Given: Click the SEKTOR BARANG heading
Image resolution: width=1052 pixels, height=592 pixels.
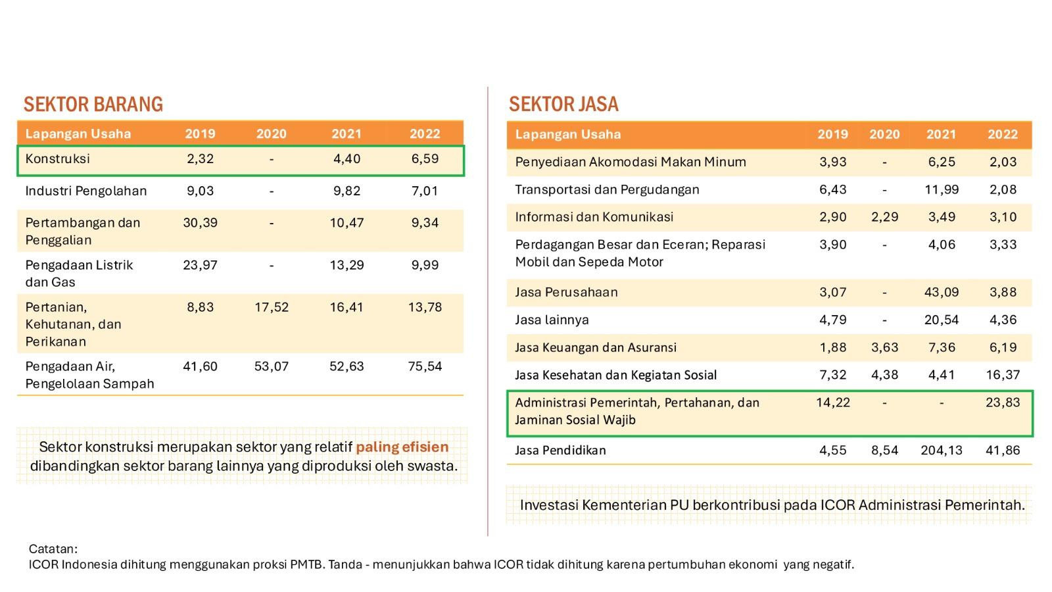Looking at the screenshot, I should click(x=93, y=104).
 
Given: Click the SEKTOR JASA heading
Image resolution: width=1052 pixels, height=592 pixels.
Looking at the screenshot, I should click(x=563, y=104).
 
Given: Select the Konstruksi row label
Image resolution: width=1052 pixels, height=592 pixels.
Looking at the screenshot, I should click(x=57, y=159).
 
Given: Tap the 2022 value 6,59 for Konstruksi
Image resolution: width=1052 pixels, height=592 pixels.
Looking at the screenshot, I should click(x=425, y=159).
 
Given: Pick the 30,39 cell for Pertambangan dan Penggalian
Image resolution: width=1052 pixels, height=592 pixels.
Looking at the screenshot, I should click(x=200, y=222).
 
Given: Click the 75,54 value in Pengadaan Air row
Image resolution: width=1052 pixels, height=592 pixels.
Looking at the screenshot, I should click(x=425, y=366).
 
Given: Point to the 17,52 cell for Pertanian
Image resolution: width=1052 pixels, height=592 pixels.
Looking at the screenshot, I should click(x=272, y=307).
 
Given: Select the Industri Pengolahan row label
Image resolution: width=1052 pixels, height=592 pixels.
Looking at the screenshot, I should click(x=85, y=191).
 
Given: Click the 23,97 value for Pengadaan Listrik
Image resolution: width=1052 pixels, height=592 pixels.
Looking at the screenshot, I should click(x=200, y=264).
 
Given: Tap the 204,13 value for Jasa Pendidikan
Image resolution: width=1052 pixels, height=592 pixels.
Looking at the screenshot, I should click(x=942, y=450).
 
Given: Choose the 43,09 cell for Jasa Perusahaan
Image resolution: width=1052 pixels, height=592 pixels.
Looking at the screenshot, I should click(x=942, y=292).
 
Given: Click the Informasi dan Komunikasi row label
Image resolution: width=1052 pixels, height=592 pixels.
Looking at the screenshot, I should click(x=594, y=217).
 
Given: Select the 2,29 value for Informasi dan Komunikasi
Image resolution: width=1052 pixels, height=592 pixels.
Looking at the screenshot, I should click(x=884, y=217).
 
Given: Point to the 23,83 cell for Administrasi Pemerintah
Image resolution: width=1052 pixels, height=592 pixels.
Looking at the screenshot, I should click(x=1003, y=402).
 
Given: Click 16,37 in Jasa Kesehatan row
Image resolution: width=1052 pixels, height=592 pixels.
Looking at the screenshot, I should click(x=1003, y=375).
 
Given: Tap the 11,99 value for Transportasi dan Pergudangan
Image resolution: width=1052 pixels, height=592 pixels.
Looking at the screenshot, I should click(x=942, y=189).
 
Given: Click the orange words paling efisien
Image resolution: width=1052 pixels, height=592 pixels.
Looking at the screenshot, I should click(x=402, y=447).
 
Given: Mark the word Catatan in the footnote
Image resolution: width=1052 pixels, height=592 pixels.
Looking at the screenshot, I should click(x=53, y=549).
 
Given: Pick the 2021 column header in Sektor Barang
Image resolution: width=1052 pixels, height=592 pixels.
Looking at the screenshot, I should click(x=347, y=134).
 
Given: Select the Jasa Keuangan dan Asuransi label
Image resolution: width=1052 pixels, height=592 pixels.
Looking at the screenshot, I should click(x=595, y=347).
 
